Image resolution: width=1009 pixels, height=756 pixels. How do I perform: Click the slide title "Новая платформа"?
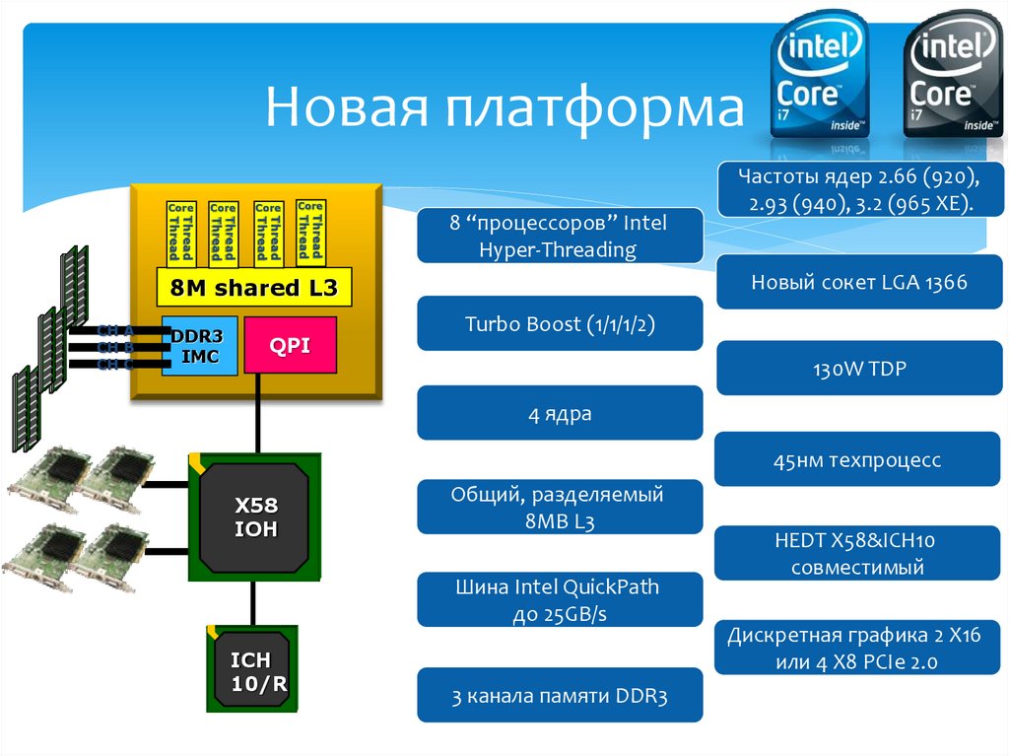tap(504, 108)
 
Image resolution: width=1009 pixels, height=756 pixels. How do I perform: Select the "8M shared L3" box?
tap(253, 289)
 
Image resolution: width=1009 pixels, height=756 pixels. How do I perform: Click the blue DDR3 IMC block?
tap(200, 345)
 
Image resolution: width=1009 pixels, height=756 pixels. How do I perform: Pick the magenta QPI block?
tap(290, 345)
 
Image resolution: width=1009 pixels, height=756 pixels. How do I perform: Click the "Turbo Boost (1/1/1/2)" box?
tap(560, 324)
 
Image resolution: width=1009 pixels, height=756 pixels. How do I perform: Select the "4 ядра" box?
tap(560, 413)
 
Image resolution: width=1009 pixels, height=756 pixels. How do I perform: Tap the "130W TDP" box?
tap(859, 370)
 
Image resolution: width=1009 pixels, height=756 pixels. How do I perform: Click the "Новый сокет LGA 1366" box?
tap(859, 282)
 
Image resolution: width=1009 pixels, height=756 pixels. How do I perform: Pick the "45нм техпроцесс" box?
tap(859, 459)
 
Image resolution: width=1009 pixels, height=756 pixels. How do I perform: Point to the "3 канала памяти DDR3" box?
tap(560, 697)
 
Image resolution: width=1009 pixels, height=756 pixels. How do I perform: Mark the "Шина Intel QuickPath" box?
tap(560, 600)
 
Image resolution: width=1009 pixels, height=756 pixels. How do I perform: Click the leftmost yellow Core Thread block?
tap(180, 232)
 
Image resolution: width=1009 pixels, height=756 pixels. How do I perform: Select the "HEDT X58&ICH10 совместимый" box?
tap(859, 554)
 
